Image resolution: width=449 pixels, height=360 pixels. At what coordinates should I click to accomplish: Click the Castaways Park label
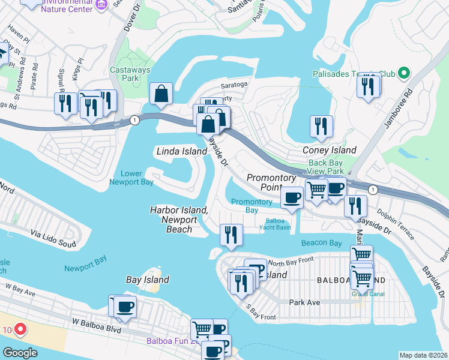point(125,74)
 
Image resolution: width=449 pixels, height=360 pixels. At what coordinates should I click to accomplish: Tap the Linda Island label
point(181,152)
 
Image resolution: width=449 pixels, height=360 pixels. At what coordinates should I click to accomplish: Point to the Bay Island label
point(147,280)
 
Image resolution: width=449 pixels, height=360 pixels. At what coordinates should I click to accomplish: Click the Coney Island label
point(330,150)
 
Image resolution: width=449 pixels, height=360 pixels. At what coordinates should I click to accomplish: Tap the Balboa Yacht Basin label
point(279,224)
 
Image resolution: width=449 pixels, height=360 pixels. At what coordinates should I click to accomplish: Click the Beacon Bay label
point(321,243)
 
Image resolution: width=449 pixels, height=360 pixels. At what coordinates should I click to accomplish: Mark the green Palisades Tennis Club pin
point(404,74)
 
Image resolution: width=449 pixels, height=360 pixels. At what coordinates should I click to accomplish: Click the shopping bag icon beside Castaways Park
point(161,94)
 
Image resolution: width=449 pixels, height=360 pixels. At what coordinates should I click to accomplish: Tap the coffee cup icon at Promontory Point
point(292,198)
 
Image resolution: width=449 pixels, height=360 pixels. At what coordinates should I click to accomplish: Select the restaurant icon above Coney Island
point(321,126)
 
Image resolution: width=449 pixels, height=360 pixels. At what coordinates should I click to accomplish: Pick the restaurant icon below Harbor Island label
point(230,234)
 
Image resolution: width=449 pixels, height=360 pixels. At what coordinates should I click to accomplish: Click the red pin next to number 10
point(19,329)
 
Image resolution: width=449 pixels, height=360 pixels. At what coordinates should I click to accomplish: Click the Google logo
point(20,353)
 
